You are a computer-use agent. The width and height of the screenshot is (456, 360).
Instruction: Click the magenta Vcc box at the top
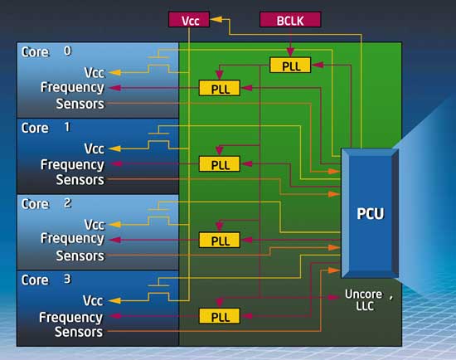[189, 20]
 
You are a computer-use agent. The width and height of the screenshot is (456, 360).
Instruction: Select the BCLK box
[290, 20]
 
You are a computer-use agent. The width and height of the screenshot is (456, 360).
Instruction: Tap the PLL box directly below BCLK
[290, 66]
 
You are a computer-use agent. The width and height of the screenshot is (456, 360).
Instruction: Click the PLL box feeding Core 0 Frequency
[220, 88]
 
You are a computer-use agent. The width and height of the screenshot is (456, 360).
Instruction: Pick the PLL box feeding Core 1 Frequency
[220, 164]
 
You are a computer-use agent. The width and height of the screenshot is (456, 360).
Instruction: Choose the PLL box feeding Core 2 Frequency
[220, 240]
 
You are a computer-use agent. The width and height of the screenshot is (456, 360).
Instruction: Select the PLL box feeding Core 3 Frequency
[220, 316]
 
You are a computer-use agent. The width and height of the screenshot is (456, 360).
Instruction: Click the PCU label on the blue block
[371, 214]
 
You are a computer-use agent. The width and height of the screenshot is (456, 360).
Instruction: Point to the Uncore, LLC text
[369, 299]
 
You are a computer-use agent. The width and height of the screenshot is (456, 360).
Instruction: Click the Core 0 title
[46, 51]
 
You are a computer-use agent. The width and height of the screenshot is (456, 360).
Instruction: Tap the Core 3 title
[46, 280]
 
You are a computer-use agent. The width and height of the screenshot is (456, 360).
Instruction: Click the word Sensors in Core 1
[80, 179]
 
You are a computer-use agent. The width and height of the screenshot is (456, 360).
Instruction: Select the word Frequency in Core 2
[72, 239]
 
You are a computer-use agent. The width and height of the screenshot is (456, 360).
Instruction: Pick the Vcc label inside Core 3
[93, 300]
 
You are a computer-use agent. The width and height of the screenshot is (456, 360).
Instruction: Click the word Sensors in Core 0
[80, 104]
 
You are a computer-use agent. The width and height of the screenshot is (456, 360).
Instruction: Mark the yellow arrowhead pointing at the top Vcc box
[216, 20]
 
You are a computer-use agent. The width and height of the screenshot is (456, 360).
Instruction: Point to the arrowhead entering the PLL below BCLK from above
[290, 52]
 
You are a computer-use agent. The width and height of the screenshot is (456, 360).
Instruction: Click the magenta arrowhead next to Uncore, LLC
[334, 298]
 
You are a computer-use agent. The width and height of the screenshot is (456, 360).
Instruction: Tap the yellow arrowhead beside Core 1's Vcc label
[114, 148]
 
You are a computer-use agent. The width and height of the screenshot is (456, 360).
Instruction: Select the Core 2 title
[46, 204]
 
